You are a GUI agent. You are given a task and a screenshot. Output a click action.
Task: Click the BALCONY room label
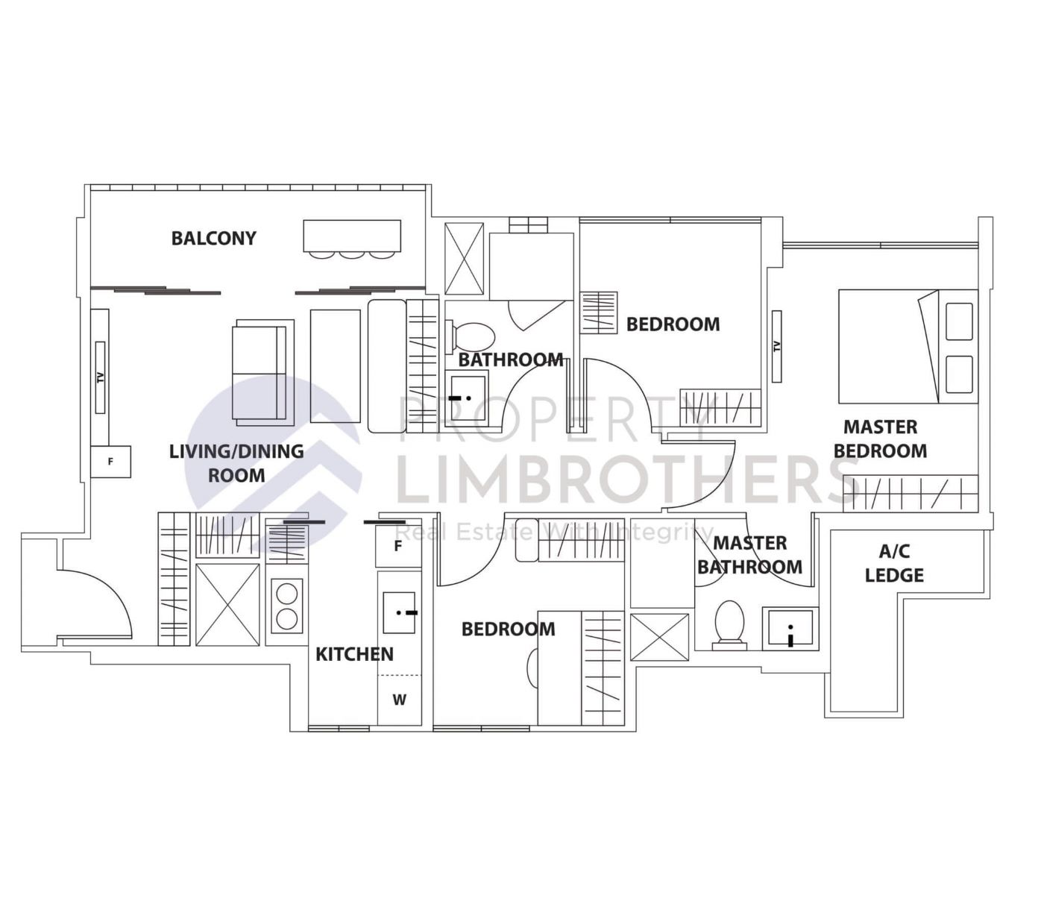point(213,238)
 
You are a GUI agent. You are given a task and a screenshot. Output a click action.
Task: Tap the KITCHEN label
point(354,654)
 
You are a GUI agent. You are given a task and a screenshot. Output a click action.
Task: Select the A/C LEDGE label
point(894,563)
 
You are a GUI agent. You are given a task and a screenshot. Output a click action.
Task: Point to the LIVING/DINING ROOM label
point(236,462)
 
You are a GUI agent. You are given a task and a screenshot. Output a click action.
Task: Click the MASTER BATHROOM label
point(749,555)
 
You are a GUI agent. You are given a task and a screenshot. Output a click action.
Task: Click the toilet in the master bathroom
point(729,624)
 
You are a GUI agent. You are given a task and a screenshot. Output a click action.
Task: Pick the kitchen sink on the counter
point(399,612)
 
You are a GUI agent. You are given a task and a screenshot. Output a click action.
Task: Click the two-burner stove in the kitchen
point(287,606)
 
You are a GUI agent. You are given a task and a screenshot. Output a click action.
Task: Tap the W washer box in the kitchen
point(400,700)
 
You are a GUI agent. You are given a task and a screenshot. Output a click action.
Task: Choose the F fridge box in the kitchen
point(398,546)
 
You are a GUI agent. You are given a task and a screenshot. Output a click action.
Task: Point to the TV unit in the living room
point(101,377)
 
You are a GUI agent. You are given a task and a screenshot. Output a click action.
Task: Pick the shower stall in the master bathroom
point(659,636)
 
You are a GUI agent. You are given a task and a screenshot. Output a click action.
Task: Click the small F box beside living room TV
point(110,462)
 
